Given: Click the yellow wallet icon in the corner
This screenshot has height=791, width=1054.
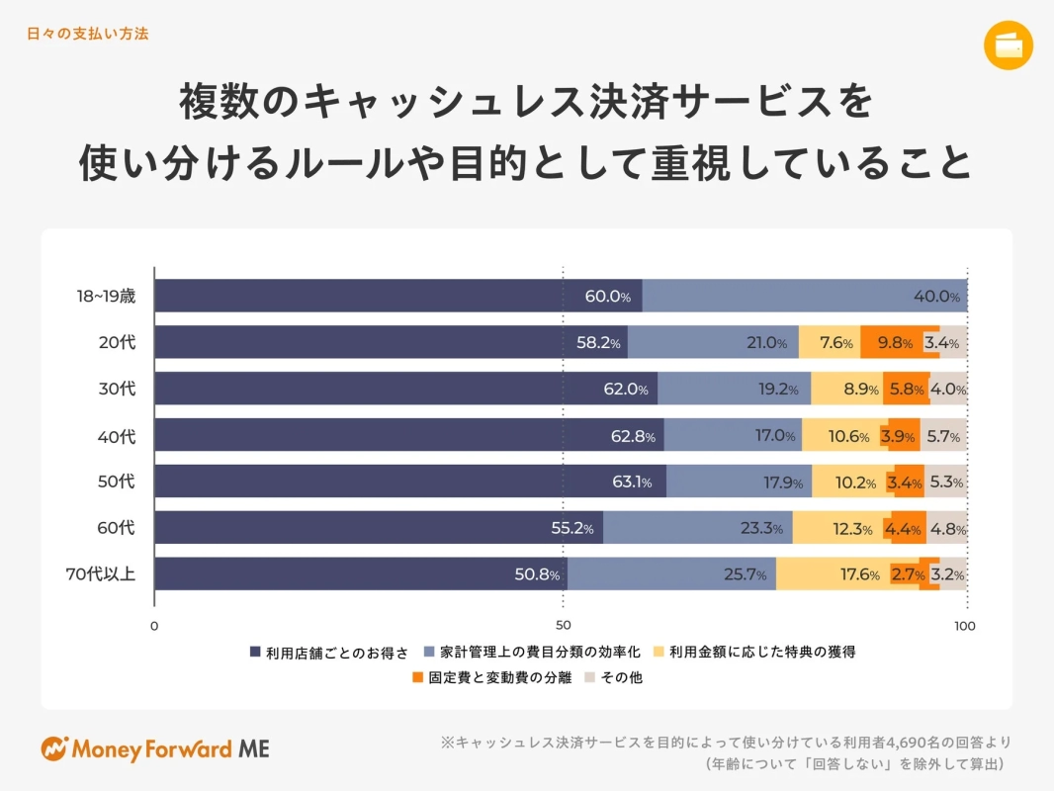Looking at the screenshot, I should (1009, 45).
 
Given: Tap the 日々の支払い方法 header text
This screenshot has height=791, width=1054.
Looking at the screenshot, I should (88, 34).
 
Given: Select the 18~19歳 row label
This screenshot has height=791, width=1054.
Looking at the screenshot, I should (106, 296).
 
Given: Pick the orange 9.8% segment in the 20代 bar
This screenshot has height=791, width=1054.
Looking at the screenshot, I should (899, 343).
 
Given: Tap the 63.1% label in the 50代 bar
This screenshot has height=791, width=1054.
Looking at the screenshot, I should (632, 483).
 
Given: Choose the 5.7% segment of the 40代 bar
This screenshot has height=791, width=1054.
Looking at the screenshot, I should (945, 436).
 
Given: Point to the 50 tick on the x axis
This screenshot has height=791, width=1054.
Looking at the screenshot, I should (563, 625).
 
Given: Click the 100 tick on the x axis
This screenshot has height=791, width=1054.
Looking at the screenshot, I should (964, 625).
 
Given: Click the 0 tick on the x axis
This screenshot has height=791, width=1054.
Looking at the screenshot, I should (154, 625).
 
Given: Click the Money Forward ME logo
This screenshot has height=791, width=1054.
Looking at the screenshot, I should (155, 748).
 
